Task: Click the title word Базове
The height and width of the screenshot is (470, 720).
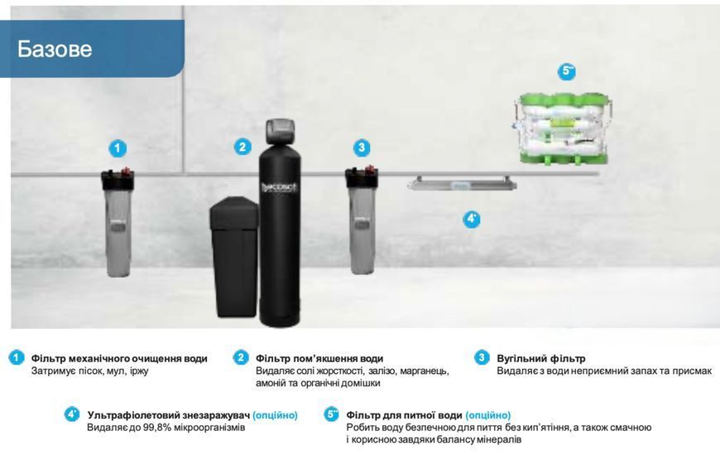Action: [55, 49]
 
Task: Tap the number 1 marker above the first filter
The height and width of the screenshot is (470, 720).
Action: [118, 148]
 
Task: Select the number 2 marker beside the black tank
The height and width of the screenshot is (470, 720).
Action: [242, 147]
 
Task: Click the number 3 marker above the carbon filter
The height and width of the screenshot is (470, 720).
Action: [362, 148]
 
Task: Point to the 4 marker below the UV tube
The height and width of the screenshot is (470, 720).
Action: [472, 219]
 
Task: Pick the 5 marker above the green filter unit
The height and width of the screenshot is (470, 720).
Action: [567, 70]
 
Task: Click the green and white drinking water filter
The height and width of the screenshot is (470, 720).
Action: [563, 128]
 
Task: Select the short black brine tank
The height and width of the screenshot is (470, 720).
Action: [233, 257]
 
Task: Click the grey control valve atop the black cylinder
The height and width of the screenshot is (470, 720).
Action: [280, 131]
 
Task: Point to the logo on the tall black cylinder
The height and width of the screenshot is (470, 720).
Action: [279, 187]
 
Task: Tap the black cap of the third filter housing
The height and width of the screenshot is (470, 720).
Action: [362, 179]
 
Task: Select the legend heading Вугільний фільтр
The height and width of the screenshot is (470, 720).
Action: [541, 358]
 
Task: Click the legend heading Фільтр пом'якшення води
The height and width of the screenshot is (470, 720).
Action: [319, 358]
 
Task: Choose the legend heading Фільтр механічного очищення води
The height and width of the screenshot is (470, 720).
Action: [119, 358]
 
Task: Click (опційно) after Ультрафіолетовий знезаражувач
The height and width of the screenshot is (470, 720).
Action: [275, 415]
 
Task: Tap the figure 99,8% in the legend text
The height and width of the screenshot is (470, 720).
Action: [156, 427]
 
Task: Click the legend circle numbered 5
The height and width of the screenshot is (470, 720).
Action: [331, 414]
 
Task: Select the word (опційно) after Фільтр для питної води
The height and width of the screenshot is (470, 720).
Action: [487, 415]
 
